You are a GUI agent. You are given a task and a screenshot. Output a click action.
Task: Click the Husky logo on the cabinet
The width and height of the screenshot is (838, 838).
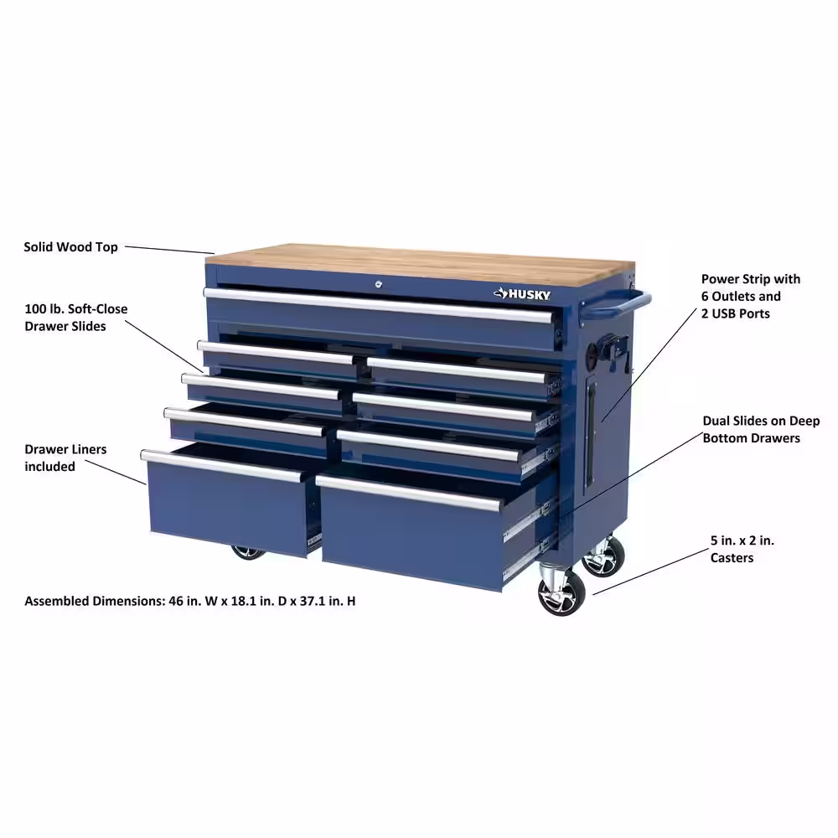[x=521, y=294]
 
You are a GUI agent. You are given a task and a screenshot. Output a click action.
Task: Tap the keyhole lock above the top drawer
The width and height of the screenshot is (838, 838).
[x=379, y=284]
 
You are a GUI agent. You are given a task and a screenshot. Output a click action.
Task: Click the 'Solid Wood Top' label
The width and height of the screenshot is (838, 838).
[x=70, y=247]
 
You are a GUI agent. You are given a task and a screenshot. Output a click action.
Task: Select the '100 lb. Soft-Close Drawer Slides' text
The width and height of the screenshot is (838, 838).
[x=76, y=318]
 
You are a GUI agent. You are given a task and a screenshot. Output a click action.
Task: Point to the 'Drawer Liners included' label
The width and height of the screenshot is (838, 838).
[x=65, y=458]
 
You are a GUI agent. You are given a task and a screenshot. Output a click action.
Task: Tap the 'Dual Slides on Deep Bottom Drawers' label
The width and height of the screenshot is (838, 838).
[x=761, y=430]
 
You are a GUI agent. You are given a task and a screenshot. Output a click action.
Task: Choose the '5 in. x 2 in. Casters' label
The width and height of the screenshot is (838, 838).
[x=742, y=549]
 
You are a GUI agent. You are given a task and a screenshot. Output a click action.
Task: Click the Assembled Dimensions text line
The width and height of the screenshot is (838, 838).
[x=189, y=601]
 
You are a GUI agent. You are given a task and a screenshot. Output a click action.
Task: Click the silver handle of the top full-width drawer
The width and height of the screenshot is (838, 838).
[x=379, y=305]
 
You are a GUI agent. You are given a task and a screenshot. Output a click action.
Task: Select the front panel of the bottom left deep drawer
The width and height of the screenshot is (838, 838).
[x=228, y=509]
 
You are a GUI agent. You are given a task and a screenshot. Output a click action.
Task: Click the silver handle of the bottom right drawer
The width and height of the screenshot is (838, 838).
[x=408, y=494]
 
